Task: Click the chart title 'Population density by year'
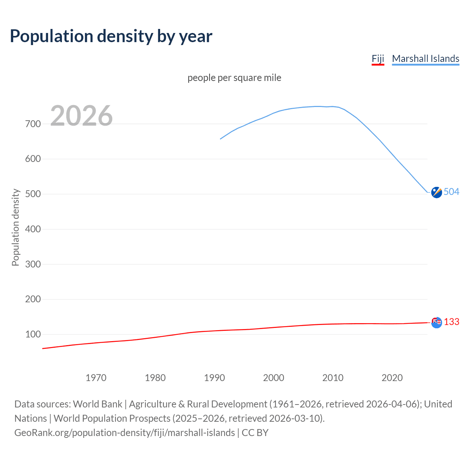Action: coord(111,36)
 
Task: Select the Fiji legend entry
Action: coord(378,59)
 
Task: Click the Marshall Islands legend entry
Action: coord(425,59)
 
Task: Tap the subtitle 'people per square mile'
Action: coord(234,78)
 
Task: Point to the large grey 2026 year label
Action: coord(81,116)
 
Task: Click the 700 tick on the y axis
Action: coord(33,124)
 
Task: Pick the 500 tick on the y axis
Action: coord(33,194)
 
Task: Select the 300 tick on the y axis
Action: coord(33,264)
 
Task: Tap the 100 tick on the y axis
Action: coord(33,334)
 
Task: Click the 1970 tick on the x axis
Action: coord(96,378)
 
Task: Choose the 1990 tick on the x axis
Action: coord(214,378)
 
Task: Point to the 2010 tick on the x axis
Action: coord(333,378)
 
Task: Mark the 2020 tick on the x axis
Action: coord(392,378)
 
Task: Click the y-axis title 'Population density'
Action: coord(15,227)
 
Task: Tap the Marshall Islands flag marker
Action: coord(436,192)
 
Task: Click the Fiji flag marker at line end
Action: coord(436,322)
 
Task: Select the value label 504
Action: coord(451,192)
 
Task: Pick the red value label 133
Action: coord(451,322)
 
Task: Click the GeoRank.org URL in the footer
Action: coord(125,433)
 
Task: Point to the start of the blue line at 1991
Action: coord(221,139)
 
